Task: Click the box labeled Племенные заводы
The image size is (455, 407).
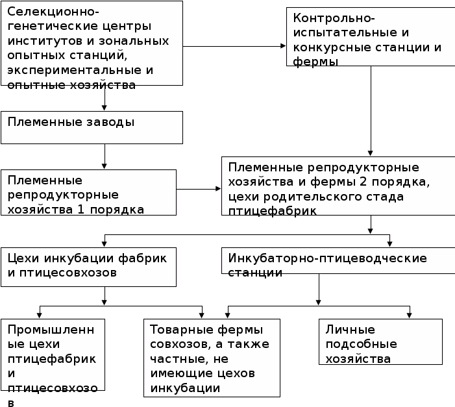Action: click(x=92, y=127)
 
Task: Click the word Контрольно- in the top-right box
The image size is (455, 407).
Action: click(x=325, y=19)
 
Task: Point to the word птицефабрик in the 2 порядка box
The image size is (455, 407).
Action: click(x=273, y=210)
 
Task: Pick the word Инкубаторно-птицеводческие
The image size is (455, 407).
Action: click(x=327, y=258)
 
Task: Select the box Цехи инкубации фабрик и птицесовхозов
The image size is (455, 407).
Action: click(x=88, y=266)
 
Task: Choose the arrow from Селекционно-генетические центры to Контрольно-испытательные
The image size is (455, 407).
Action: click(x=234, y=46)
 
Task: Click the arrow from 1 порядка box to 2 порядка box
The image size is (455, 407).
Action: click(x=199, y=189)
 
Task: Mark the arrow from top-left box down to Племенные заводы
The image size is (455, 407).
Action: click(x=105, y=98)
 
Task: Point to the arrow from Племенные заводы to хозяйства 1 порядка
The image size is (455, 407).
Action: click(x=105, y=156)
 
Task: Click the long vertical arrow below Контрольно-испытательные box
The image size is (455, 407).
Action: click(x=371, y=110)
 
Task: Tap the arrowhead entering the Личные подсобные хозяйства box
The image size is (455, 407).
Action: click(x=410, y=315)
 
